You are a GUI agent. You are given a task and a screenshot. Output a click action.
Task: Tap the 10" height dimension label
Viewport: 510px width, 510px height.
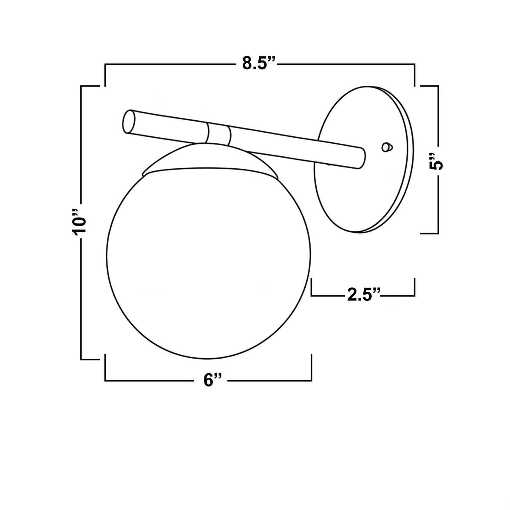(79, 221)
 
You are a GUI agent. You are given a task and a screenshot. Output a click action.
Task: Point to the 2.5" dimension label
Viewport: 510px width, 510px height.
(363, 295)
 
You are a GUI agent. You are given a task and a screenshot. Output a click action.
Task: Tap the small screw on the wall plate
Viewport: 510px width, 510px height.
(386, 147)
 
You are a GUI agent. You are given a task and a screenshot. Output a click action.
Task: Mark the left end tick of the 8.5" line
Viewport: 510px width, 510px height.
(105, 75)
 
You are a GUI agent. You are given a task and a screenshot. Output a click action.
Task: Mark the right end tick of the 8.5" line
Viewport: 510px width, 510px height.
(414, 75)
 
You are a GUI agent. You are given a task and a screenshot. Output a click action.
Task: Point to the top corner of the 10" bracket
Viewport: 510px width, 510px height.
(81, 86)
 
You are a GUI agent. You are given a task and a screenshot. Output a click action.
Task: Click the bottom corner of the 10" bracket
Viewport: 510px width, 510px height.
(81, 359)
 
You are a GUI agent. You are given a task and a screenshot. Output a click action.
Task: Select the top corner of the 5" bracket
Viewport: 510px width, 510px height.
(438, 86)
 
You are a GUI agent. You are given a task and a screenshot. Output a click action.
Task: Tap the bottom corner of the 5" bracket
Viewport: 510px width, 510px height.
(438, 233)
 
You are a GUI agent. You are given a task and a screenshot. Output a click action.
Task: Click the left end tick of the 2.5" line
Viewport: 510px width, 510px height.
(312, 287)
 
